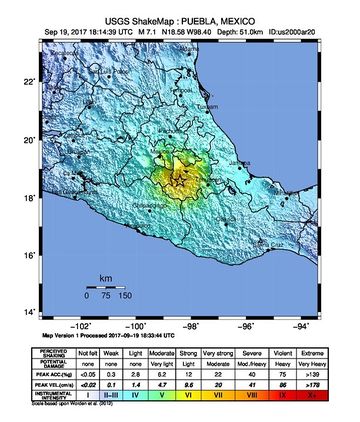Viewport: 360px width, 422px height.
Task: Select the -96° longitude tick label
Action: [x=248, y=325]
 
